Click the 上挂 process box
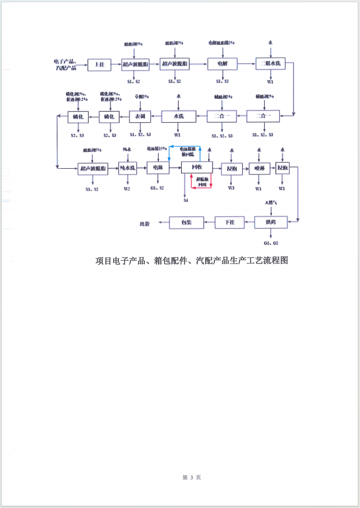coord(100,64)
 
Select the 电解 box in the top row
coord(223,64)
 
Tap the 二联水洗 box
coord(271,64)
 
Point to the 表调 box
coord(140,117)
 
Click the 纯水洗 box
coord(128,168)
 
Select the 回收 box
coord(197,168)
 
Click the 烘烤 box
coord(271,223)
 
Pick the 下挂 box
coord(230,223)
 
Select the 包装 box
coord(187,223)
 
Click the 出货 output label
coord(145,223)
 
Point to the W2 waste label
coord(127,189)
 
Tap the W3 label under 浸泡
coord(231,188)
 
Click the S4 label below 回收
coord(186,200)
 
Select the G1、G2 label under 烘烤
coord(271,243)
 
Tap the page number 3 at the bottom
coord(192,477)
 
